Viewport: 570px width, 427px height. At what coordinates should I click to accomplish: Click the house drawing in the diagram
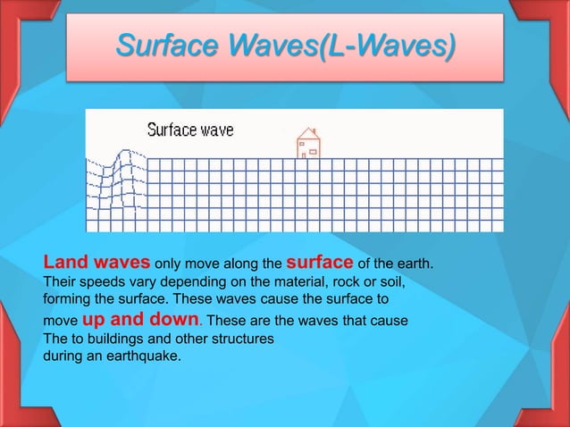[x=308, y=143]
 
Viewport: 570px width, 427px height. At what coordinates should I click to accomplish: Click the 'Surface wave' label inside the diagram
[x=190, y=130]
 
